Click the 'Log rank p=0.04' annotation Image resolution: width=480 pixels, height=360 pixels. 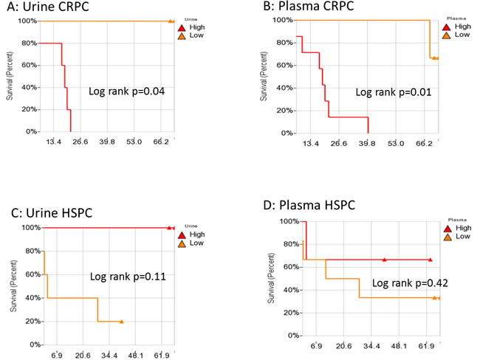pos(126,91)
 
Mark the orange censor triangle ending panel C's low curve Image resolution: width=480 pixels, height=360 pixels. pos(121,321)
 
